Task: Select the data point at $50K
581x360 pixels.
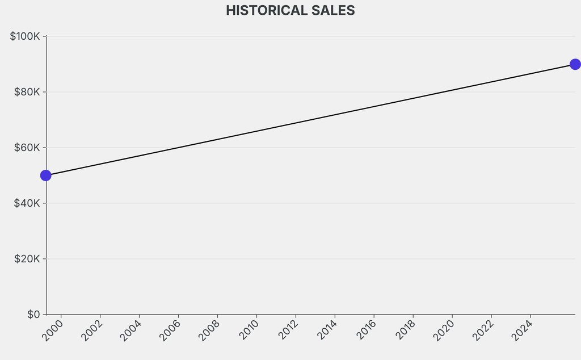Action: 46,175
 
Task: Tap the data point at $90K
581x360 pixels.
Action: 575,64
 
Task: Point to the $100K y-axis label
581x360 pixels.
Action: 25,36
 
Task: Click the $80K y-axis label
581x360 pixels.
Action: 27,92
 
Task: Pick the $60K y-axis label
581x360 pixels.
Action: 27,148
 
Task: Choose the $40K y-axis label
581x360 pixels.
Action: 27,203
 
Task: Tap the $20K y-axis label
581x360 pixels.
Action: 27,259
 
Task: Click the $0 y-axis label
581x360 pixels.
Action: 33,315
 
